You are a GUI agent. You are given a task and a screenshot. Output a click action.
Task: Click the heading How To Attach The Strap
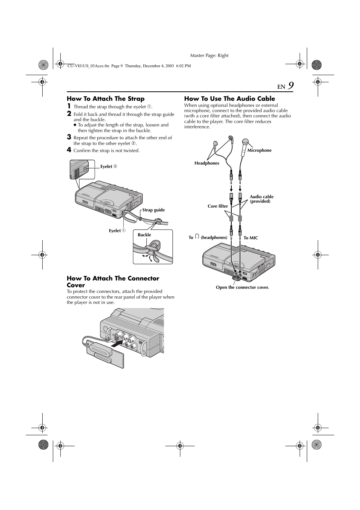(x=106, y=99)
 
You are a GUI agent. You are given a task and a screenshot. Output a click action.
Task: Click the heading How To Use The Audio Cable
(x=229, y=99)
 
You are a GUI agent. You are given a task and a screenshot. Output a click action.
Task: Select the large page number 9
(x=290, y=86)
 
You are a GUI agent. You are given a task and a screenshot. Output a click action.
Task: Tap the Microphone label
(x=259, y=150)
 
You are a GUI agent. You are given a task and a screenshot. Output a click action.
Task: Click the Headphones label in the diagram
(x=207, y=163)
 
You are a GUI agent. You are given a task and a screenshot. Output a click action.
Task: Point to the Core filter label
(x=218, y=206)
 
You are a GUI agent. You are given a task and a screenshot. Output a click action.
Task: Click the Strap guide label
(x=154, y=210)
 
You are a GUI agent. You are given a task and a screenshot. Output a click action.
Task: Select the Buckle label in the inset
(x=144, y=235)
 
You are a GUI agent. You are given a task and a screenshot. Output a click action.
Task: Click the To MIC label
(x=251, y=238)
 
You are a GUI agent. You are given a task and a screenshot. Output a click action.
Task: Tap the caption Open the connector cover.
(x=242, y=287)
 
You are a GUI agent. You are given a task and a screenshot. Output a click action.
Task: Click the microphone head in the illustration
(x=245, y=142)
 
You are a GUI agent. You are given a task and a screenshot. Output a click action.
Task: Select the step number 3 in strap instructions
(x=69, y=137)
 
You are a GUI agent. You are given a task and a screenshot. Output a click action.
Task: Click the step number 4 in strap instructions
(x=69, y=150)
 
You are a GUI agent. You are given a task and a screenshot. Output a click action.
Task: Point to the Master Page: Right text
(x=209, y=55)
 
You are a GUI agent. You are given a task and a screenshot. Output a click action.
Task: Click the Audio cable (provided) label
(x=261, y=199)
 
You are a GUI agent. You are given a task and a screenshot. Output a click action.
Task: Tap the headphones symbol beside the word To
(x=197, y=237)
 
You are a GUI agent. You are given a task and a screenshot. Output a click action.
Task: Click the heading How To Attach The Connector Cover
(x=113, y=282)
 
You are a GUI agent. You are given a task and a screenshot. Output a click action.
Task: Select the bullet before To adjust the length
(x=75, y=125)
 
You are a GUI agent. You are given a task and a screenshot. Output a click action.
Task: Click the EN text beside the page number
(x=281, y=87)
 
